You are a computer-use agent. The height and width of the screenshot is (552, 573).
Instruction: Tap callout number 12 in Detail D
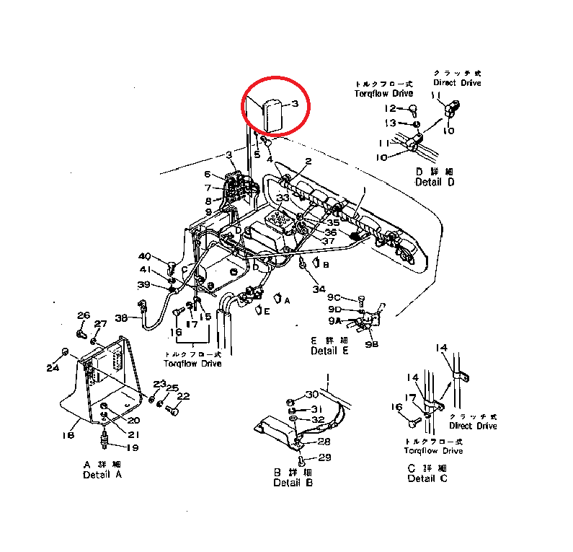(390, 108)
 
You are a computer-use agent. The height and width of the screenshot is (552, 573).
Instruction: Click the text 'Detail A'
(102, 475)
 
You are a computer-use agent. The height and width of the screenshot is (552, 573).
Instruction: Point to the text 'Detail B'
(293, 483)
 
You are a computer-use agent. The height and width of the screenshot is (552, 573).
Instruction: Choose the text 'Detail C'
(427, 478)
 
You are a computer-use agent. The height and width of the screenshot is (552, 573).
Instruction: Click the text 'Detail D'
(435, 182)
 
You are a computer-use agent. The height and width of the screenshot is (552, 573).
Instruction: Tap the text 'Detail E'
(329, 351)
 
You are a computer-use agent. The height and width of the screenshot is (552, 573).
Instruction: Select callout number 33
(282, 198)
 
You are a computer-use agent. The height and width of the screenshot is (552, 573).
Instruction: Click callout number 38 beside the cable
(121, 317)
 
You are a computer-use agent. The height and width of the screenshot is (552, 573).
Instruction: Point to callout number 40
(145, 256)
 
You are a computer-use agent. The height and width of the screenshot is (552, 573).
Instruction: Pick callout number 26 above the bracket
(84, 315)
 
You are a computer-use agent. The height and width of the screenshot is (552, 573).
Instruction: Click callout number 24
(53, 368)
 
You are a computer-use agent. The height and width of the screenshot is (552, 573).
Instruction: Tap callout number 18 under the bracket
(69, 435)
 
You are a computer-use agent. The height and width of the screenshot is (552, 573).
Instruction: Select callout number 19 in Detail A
(133, 447)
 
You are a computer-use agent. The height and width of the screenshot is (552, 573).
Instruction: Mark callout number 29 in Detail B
(324, 458)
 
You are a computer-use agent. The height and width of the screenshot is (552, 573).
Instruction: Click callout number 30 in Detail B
(311, 394)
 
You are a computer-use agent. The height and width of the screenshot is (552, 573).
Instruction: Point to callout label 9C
(333, 297)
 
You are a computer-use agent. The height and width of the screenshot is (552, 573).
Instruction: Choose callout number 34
(319, 289)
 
